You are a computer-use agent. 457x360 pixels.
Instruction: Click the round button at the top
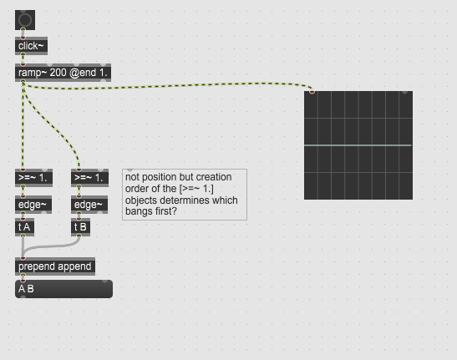coord(25,20)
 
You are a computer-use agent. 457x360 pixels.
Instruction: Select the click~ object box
coord(31,46)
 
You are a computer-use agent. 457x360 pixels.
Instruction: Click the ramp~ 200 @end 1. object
coord(63,73)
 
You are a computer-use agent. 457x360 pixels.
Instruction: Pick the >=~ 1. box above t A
coord(33,178)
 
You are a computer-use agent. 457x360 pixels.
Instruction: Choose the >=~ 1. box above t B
coord(89,178)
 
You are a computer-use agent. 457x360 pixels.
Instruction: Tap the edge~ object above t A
coord(33,205)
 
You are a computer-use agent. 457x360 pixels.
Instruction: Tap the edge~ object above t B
coord(89,205)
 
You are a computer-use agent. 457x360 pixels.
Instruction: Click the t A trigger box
coord(24,227)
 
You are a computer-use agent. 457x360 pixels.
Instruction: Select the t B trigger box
coord(80,227)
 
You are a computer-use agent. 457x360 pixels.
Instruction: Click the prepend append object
coord(55,266)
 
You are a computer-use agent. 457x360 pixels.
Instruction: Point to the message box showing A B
coord(63,289)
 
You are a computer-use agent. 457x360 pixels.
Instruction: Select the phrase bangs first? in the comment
coord(151,211)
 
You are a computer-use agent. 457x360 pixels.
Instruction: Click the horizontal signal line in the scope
coord(358,145)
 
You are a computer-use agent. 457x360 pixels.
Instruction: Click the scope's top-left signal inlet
coord(312,92)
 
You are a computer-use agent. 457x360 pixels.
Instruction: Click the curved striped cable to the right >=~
coord(55,129)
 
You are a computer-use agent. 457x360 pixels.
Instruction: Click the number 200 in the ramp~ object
coord(58,73)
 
